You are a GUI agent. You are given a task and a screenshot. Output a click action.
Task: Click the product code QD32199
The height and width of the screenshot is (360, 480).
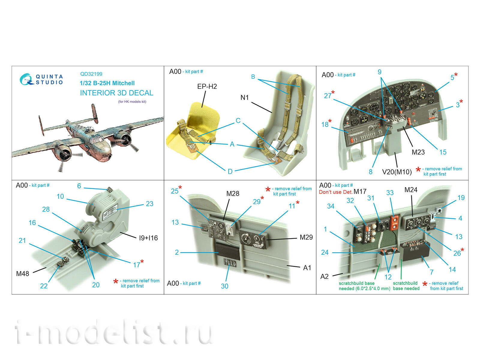coord(91,74)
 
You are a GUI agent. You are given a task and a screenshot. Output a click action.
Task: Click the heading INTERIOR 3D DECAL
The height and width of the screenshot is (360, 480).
coord(116,93)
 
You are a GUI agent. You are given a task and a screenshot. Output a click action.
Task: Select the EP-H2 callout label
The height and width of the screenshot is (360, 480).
coord(207,86)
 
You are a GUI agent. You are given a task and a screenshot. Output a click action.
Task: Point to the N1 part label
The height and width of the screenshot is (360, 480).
coord(244,97)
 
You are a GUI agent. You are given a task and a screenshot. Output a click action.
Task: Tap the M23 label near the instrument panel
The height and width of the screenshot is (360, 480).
coord(418,152)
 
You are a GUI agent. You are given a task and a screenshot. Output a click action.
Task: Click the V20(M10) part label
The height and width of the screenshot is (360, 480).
coord(397,172)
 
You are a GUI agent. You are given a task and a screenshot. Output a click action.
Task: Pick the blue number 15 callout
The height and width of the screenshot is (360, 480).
coord(443,152)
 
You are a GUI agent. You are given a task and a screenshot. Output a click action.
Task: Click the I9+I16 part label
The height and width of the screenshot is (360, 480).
coord(148,238)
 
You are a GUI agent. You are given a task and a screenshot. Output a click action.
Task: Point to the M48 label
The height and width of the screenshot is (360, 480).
coord(22,274)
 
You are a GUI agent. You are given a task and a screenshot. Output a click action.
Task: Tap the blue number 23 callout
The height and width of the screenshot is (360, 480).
coord(149,204)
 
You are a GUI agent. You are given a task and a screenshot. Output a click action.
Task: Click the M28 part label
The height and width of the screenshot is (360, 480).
coord(233,193)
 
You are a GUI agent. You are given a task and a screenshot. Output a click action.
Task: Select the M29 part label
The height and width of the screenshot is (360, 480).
coord(306,237)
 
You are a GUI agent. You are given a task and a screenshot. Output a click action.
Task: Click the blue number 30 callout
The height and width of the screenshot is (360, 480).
coord(224,286)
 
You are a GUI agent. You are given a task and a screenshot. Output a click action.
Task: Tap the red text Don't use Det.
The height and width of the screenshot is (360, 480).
coord(335,192)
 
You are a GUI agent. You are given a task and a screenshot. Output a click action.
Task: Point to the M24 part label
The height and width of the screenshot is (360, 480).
coord(411,190)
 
